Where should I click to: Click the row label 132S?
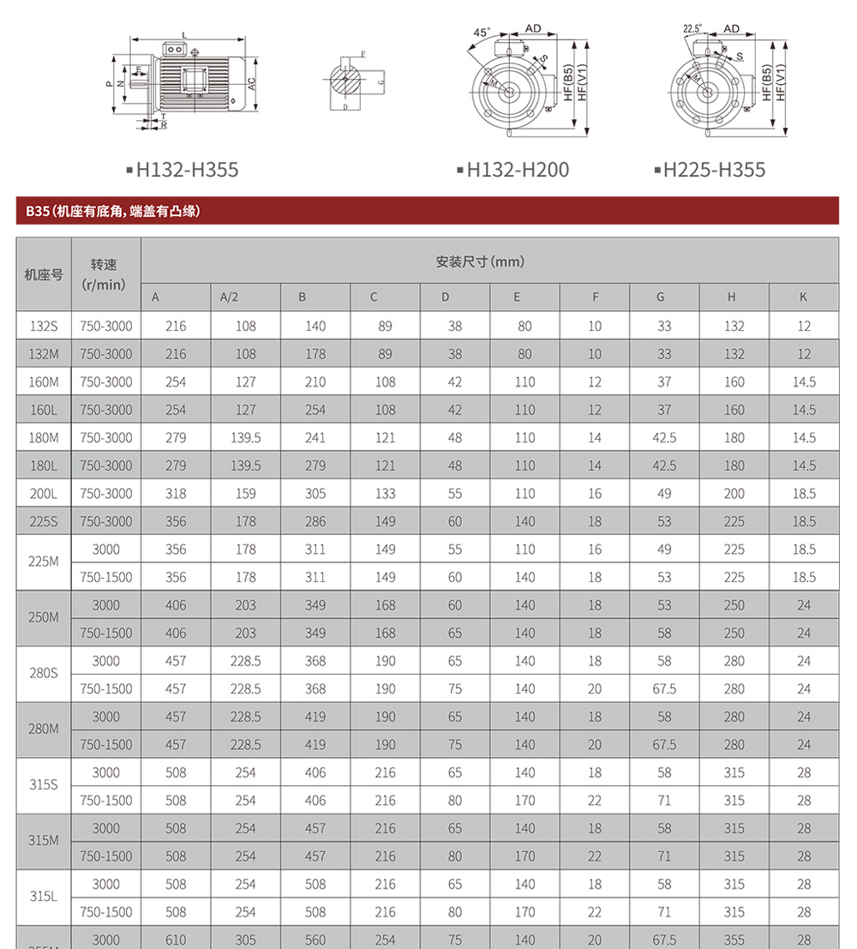tap(43, 326)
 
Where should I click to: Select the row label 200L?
tap(43, 494)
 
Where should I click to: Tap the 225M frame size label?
tap(43, 563)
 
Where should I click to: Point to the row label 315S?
tap(43, 786)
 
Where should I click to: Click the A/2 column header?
tap(229, 297)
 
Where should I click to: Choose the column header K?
tap(803, 297)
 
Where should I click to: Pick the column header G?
tap(661, 297)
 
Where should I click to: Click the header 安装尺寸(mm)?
tap(480, 261)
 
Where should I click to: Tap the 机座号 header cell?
tap(43, 275)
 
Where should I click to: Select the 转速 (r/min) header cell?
tap(105, 274)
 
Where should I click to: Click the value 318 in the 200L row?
tap(176, 494)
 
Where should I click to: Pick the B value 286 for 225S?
tap(315, 521)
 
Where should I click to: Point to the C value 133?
tap(386, 494)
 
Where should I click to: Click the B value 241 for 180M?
tap(315, 438)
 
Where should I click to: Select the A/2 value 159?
tap(246, 494)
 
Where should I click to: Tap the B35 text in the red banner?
tap(37, 210)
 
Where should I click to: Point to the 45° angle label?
tap(482, 33)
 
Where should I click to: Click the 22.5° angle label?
tap(692, 28)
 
